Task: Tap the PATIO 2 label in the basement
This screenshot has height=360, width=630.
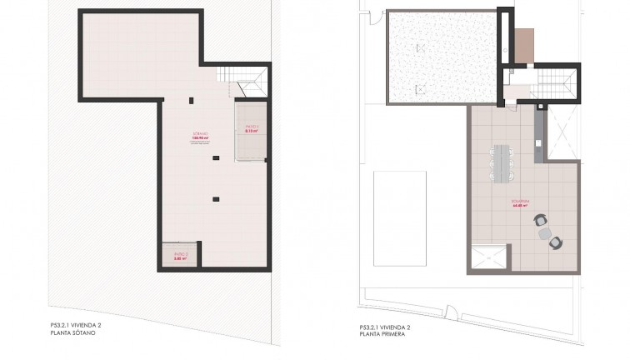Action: [x=181, y=255]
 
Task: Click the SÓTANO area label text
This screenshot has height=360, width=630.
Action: [x=198, y=136]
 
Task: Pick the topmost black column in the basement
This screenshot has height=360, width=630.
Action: [x=192, y=101]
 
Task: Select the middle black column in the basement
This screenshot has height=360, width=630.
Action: [x=216, y=157]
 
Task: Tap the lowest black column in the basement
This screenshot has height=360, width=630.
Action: [x=216, y=198]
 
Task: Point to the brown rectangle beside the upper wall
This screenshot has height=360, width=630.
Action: [x=523, y=45]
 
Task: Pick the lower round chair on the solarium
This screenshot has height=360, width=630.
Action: [x=556, y=242]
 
